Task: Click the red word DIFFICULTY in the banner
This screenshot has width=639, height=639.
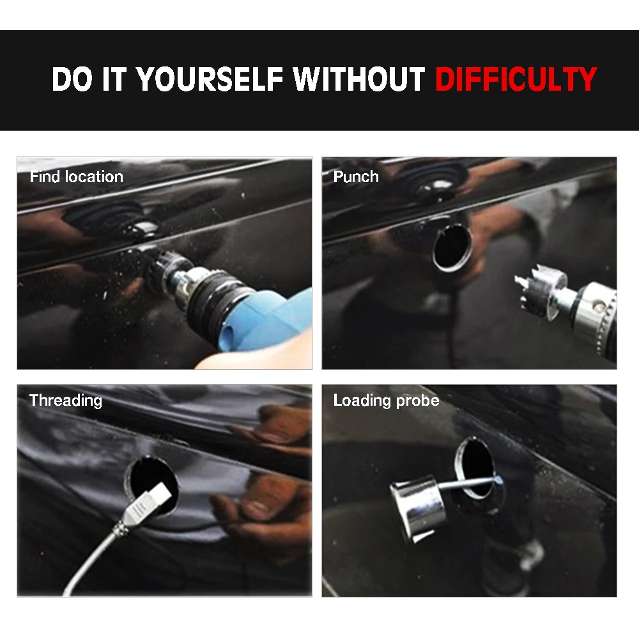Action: coord(516,79)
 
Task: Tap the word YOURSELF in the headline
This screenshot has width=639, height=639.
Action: coord(210,79)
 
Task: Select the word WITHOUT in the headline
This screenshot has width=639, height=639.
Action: coord(359,79)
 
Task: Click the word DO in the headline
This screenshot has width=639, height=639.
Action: coord(72,79)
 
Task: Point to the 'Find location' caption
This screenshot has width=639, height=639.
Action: coord(76,177)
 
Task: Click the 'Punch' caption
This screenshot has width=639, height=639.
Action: coord(356,177)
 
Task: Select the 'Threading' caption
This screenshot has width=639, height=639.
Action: coord(66,401)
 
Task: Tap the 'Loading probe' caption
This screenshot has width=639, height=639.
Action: coord(386,401)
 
